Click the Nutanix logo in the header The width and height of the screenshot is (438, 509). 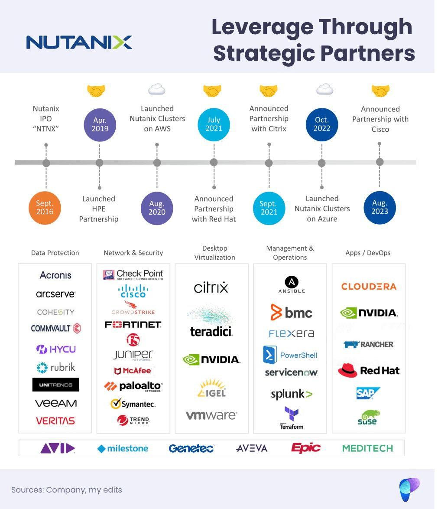pos(79,42)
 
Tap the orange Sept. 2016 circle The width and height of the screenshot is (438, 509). pos(45,207)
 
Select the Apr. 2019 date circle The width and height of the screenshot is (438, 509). pos(100,124)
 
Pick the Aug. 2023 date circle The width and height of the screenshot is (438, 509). pos(380,207)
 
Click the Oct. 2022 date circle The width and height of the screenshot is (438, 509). pos(322,124)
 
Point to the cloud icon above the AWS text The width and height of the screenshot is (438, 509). pos(157,90)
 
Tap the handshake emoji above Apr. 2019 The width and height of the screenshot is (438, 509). pos(96,91)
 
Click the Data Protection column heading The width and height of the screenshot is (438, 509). pos(55,253)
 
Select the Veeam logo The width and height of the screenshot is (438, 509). pos(56,403)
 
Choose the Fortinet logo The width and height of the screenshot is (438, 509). pos(133,324)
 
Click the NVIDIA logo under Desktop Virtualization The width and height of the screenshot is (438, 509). pos(211,359)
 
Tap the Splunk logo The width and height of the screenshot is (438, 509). pos(291,394)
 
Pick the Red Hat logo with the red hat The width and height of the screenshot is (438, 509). pos(369,371)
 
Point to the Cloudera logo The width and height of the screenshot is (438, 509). pos(369,287)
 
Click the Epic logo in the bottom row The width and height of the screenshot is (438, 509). pos(306,448)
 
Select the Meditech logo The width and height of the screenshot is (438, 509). pos(367,448)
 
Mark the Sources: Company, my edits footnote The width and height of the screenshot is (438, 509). pos(67,490)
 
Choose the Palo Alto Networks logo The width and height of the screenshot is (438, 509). pos(133,386)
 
